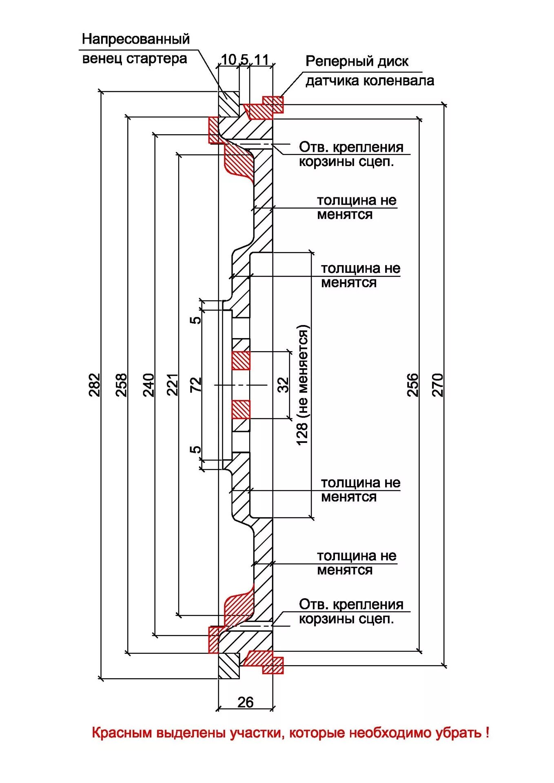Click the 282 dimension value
click(94, 384)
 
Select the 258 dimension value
click(122, 384)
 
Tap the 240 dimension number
click(148, 384)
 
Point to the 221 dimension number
click(173, 384)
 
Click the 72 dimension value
click(196, 384)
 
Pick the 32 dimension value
click(283, 385)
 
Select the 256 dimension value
click(413, 384)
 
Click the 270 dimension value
click(437, 384)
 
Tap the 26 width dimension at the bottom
click(246, 702)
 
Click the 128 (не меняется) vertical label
click(303, 385)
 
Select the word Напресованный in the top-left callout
click(136, 39)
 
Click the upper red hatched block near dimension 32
click(241, 361)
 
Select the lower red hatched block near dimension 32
click(241, 409)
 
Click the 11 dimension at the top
click(261, 60)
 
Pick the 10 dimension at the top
click(228, 60)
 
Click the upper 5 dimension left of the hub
click(196, 319)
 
